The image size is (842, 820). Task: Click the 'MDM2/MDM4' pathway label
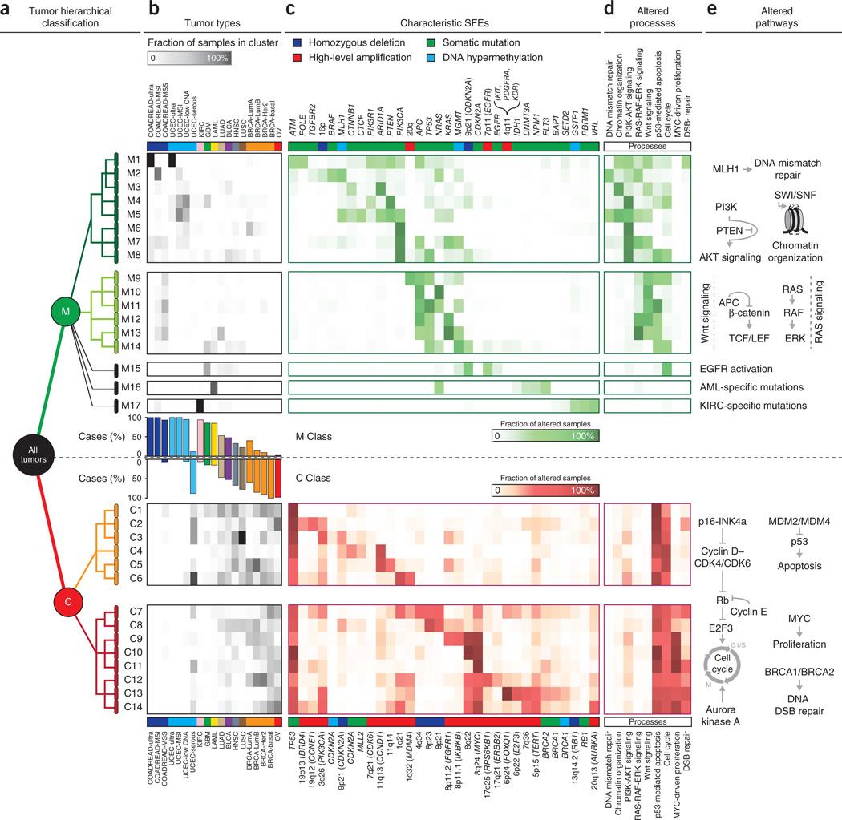[x=803, y=520]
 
